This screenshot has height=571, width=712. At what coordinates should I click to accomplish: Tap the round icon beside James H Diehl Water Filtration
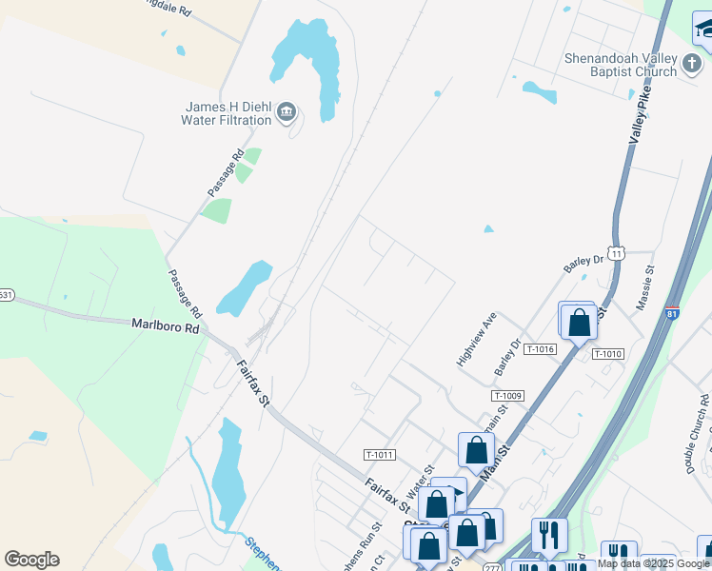(286, 114)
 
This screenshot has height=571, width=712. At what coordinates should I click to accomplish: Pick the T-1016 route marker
(539, 349)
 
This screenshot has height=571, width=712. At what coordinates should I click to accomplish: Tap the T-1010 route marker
(607, 354)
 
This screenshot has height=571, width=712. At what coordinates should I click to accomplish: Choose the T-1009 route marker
(508, 395)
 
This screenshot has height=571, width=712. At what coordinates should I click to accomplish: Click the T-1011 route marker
(379, 455)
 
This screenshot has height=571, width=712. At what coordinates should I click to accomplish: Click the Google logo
(31, 560)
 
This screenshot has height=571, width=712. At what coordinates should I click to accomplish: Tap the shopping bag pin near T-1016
(578, 321)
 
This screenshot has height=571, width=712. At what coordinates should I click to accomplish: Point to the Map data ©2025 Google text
(654, 563)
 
